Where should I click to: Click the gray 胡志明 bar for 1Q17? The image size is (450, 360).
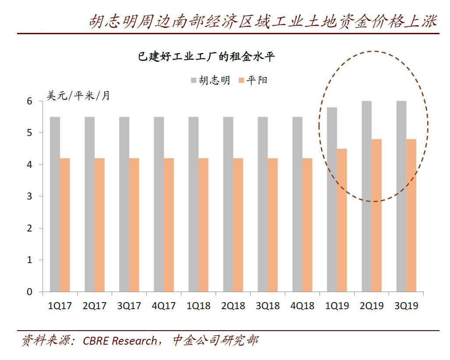click(55, 204)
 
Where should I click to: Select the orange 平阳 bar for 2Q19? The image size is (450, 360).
click(376, 215)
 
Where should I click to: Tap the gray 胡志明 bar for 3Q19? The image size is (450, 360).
click(401, 196)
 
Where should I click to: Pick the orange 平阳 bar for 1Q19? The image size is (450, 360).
click(342, 220)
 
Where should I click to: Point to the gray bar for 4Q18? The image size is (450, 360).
click(298, 204)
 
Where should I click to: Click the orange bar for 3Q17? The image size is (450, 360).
click(134, 225)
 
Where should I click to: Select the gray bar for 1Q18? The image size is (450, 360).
click(193, 204)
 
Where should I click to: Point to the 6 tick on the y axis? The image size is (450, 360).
click(30, 101)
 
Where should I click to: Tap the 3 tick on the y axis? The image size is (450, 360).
click(30, 196)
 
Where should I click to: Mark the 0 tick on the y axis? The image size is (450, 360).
click(30, 292)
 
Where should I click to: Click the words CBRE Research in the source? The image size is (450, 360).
click(119, 341)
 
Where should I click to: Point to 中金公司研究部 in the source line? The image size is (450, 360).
click(214, 341)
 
